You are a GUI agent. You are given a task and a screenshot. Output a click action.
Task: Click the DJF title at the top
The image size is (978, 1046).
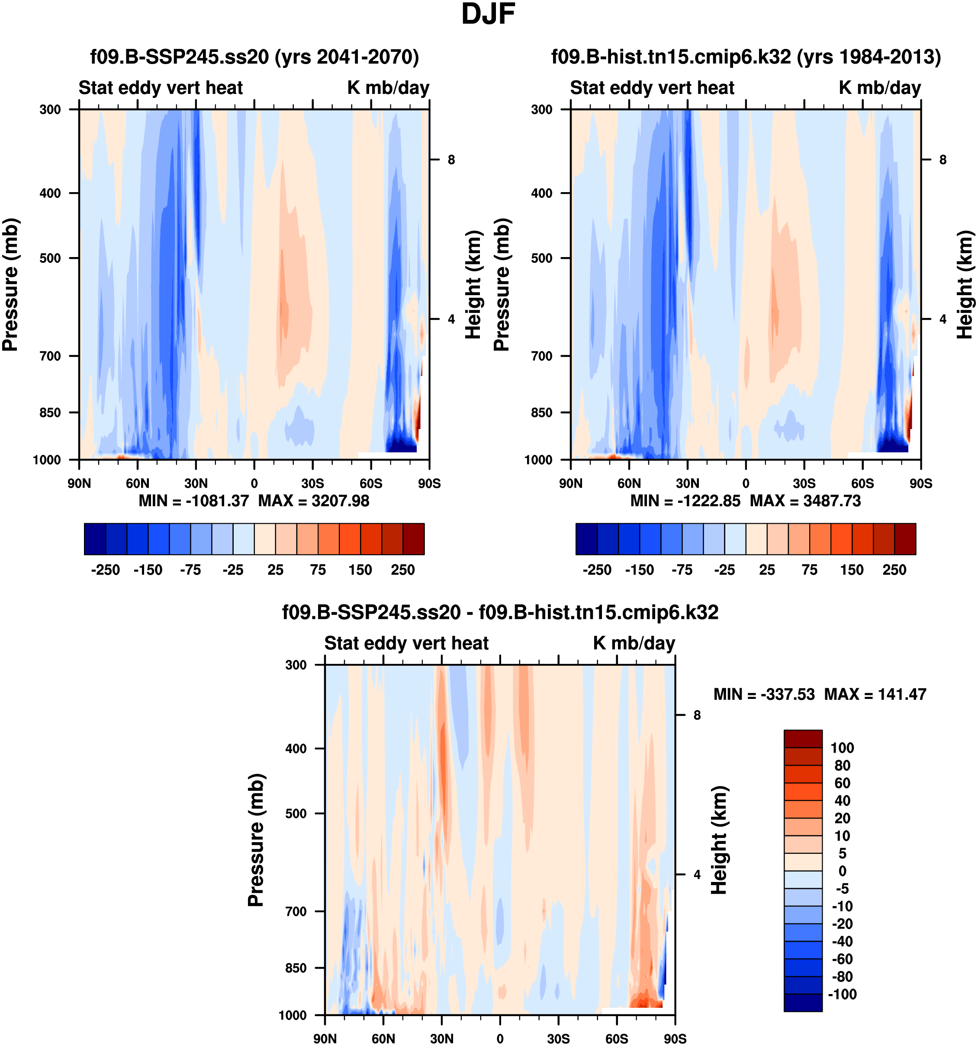pyautogui.click(x=488, y=15)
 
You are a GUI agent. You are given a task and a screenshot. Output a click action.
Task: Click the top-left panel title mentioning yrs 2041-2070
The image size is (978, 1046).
pyautogui.click(x=254, y=57)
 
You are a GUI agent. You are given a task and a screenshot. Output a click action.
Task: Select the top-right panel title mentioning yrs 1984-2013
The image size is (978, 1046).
pyautogui.click(x=746, y=57)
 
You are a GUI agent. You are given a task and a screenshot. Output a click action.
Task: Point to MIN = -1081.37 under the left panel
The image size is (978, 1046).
pyautogui.click(x=193, y=501)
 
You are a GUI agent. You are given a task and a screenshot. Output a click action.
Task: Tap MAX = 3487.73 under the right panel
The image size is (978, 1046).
pyautogui.click(x=805, y=501)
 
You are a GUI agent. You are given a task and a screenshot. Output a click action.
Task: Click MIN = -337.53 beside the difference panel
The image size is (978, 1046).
pyautogui.click(x=764, y=695)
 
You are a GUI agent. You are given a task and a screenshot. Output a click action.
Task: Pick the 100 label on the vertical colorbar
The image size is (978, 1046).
pyautogui.click(x=842, y=748)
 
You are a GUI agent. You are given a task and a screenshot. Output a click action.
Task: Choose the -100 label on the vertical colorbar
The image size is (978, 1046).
pyautogui.click(x=842, y=994)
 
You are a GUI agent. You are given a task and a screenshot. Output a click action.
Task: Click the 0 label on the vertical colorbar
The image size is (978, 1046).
pyautogui.click(x=842, y=871)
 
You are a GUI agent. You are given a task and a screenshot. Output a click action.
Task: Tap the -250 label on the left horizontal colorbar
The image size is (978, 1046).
pyautogui.click(x=105, y=570)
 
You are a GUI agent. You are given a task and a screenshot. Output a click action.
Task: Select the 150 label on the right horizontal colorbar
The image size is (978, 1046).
pyautogui.click(x=852, y=570)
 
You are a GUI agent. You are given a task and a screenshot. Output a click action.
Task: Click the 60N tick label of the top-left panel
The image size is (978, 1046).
pyautogui.click(x=137, y=483)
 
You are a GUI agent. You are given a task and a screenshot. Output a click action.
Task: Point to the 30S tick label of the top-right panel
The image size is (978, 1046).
pyautogui.click(x=804, y=483)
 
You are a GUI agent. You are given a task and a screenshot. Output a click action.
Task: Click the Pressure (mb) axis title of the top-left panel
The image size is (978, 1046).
pyautogui.click(x=10, y=285)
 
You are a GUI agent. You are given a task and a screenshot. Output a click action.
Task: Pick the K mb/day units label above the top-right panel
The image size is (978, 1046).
pyautogui.click(x=880, y=88)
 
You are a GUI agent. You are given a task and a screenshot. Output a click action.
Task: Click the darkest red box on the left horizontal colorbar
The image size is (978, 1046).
pyautogui.click(x=414, y=539)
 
